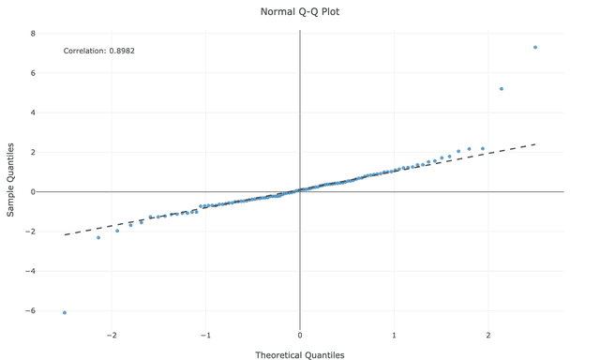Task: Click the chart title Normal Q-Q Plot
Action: [300, 12]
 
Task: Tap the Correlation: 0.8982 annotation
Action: [98, 51]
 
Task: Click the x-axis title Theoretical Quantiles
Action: [300, 355]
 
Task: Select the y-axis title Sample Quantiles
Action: [11, 180]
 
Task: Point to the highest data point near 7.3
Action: [535, 48]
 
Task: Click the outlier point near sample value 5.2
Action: [502, 89]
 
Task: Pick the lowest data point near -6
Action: [65, 313]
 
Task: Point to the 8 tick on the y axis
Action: [33, 34]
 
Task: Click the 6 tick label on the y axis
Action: [33, 73]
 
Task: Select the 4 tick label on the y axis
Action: [33, 112]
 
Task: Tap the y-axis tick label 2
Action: [33, 152]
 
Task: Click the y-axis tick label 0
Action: [33, 192]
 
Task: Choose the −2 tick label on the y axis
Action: [30, 232]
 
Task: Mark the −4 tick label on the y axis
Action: [30, 271]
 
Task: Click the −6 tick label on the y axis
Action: [30, 310]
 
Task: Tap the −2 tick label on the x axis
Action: [112, 336]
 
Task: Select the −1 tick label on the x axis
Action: [205, 336]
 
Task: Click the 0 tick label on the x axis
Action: [300, 336]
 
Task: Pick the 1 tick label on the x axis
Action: [395, 336]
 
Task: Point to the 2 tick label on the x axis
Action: [488, 336]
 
